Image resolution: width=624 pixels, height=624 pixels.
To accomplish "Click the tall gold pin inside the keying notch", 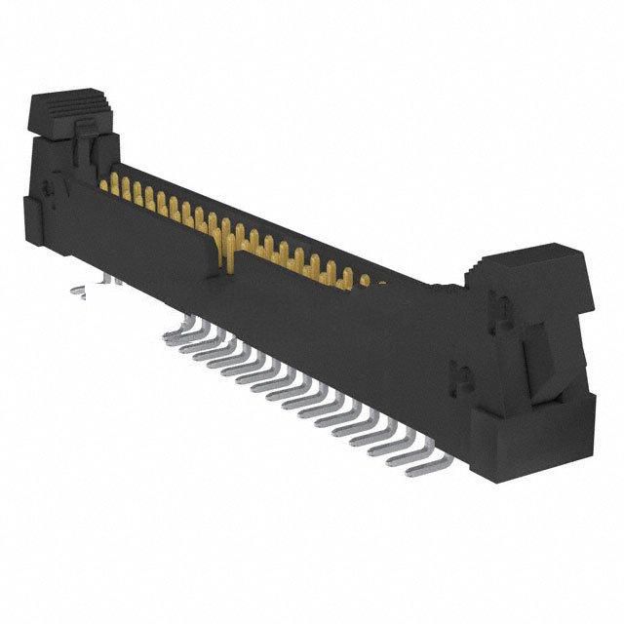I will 226,244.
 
